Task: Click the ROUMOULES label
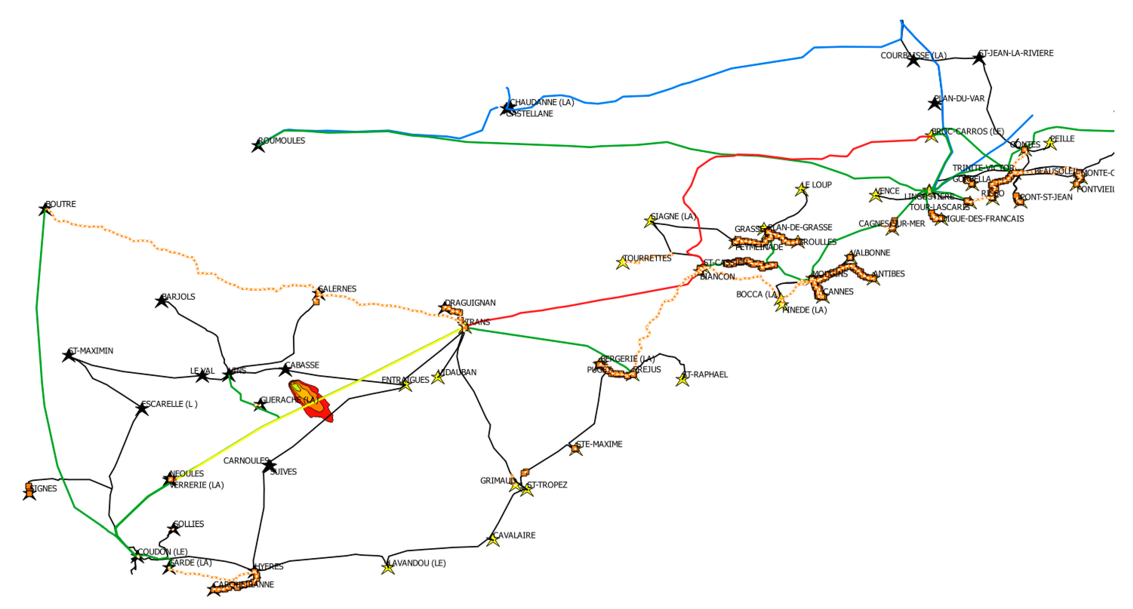pos(281,141)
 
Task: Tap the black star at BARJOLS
pos(161,301)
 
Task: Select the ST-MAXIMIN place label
pos(91,351)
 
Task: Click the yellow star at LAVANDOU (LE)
pos(387,568)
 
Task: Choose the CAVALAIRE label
pos(514,535)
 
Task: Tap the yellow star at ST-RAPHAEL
pos(682,380)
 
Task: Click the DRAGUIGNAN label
pos(470,303)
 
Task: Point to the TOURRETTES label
pos(647,258)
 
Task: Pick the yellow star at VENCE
pos(875,196)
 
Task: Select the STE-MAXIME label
pos(599,444)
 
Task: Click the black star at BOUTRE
pos(45,209)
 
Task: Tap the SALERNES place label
pos(337,289)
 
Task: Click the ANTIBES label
pos(888,274)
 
